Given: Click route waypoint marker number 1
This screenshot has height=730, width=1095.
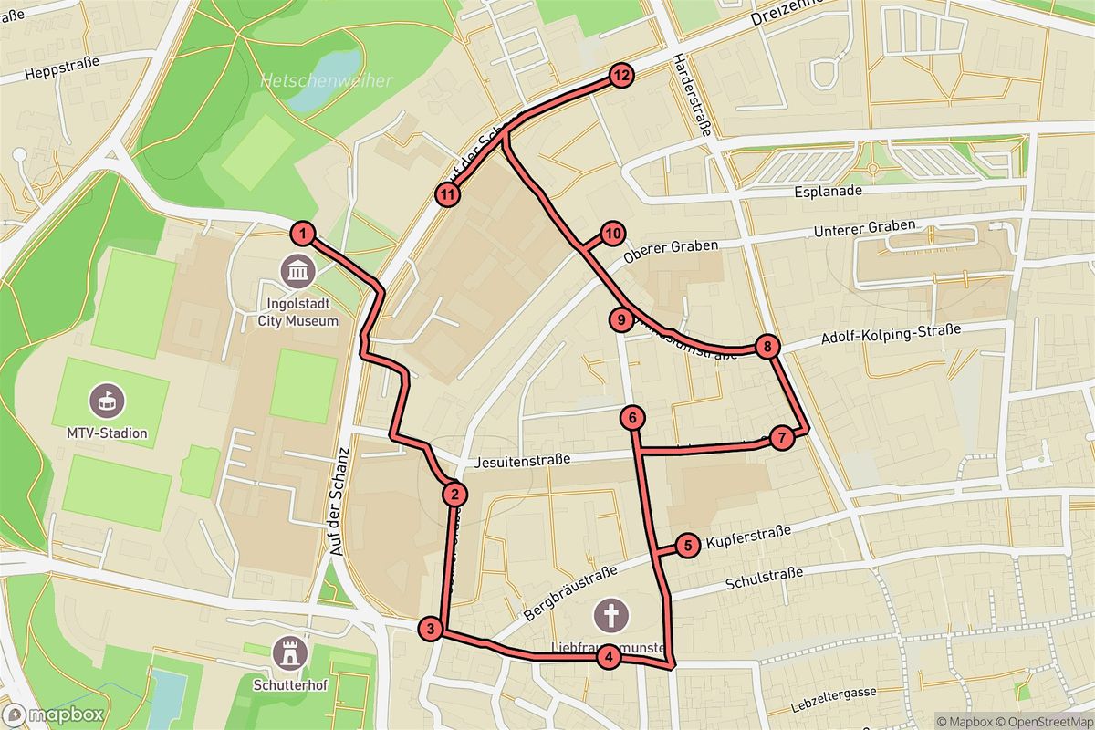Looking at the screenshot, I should coord(303,234).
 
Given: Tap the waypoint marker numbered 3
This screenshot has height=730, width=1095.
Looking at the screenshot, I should coord(431,629).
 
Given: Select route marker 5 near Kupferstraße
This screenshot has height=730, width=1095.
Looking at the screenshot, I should coord(688,546).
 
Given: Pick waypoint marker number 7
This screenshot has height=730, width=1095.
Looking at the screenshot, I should coord(781,438).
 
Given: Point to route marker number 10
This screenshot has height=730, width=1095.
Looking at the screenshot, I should coord(611,234).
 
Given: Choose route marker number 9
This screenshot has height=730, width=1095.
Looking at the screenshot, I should coord(620,319).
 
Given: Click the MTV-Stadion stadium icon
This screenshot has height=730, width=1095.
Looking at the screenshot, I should coord(107,399).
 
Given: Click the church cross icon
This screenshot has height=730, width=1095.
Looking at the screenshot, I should coord(610,615).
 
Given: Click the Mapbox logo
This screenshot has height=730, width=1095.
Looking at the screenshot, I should coord(53,714).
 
